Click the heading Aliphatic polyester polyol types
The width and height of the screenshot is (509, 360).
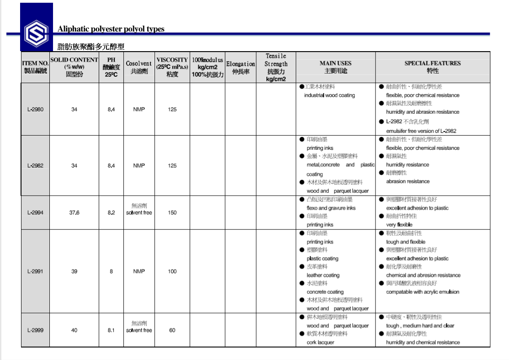(111, 29)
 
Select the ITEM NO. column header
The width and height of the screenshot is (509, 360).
(35, 67)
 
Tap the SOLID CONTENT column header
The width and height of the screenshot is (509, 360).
(74, 67)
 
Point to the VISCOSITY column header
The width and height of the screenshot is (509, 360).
(172, 67)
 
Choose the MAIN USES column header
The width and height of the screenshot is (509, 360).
(336, 67)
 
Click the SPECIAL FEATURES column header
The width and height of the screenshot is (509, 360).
(432, 67)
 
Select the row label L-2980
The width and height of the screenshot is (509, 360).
(35, 109)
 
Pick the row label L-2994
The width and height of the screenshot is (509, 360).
(35, 212)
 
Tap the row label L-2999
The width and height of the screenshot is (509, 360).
(35, 330)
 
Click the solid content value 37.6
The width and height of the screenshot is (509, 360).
(74, 212)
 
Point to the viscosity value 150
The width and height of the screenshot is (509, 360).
(172, 212)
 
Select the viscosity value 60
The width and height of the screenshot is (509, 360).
(172, 330)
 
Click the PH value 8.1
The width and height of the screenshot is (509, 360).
(111, 330)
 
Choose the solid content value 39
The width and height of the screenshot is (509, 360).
(74, 271)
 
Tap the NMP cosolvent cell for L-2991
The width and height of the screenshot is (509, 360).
(139, 271)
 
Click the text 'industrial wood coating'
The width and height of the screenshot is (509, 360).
(329, 95)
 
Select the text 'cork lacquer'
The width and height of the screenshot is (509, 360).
(320, 342)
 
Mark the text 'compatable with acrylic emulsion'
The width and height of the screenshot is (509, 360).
(423, 292)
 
